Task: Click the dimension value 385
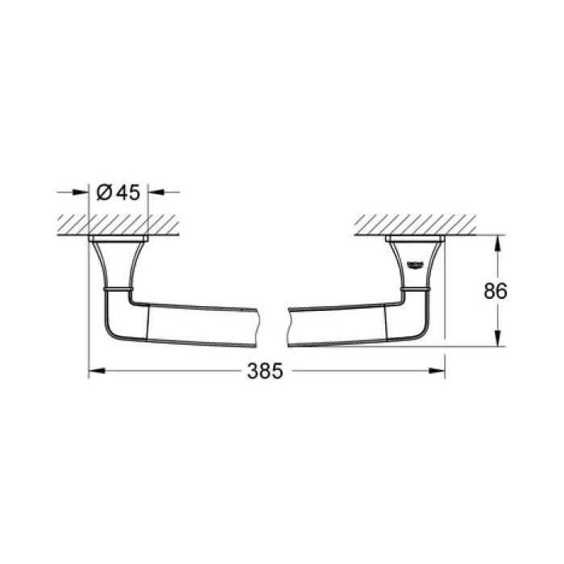coord(266,371)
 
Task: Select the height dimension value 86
coord(496,291)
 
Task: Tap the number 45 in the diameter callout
coord(127,193)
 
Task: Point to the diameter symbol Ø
coord(104,193)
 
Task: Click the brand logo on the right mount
coord(416,265)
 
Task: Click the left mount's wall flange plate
coord(118,239)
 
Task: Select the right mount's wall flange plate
coord(416,239)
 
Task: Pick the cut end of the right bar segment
coord(288,326)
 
